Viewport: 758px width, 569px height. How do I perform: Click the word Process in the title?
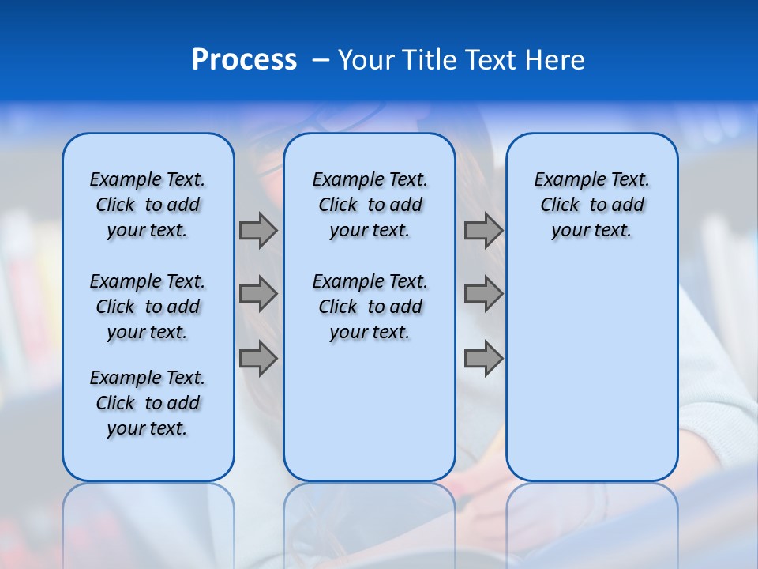point(244,60)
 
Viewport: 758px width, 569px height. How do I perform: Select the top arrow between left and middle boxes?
point(258,230)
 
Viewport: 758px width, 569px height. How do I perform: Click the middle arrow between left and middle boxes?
point(258,294)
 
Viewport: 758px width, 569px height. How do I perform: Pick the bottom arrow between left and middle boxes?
point(258,358)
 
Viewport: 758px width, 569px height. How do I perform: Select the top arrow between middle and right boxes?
point(483,230)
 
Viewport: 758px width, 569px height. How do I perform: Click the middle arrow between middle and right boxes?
point(483,294)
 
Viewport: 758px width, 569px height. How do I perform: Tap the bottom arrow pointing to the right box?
point(483,358)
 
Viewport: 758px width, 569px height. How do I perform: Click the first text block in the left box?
point(148,205)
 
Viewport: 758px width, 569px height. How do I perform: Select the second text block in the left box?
point(148,307)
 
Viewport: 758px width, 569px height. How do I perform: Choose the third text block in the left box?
point(148,403)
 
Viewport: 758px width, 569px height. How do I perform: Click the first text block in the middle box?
point(370,205)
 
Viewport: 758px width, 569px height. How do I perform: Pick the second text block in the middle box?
point(370,307)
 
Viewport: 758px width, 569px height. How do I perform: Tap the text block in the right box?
point(591,205)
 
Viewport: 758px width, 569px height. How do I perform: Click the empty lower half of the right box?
point(591,379)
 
